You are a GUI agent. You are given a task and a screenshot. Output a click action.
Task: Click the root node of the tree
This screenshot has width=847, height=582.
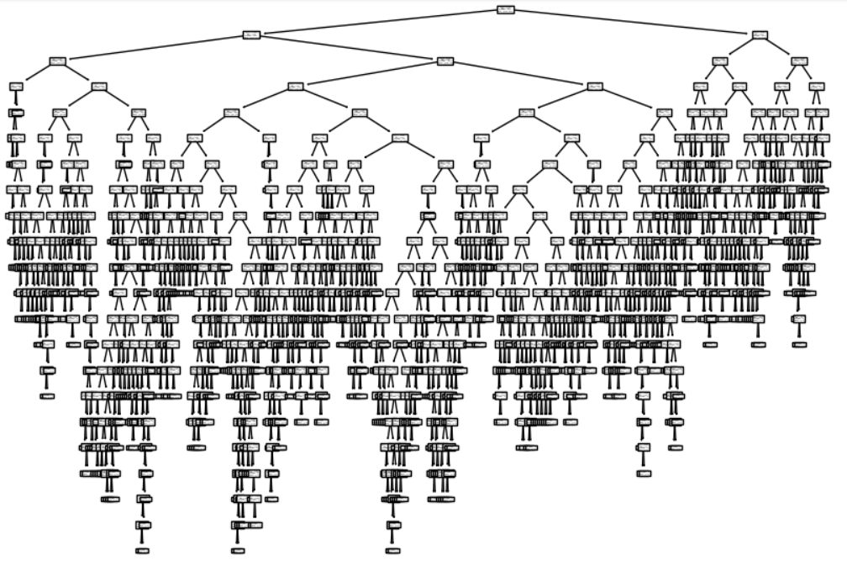(x=505, y=9)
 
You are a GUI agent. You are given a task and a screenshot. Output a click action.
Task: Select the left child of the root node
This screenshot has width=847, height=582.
(x=251, y=34)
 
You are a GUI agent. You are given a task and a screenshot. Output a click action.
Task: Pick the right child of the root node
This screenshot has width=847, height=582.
(x=760, y=34)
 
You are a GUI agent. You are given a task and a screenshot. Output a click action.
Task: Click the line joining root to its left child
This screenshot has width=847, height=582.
(x=378, y=22)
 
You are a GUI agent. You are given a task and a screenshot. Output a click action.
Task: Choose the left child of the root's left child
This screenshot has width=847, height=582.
(x=57, y=61)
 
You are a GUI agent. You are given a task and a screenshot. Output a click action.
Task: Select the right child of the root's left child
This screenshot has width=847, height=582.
(x=445, y=61)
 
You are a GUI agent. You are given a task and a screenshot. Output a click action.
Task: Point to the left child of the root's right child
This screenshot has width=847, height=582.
(x=720, y=61)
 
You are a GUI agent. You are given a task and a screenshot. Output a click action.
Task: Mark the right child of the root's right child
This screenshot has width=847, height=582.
(x=799, y=61)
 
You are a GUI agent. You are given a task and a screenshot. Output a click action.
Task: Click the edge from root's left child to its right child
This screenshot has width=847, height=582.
(x=349, y=48)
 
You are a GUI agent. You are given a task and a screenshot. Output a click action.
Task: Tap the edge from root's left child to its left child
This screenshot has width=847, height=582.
(x=155, y=48)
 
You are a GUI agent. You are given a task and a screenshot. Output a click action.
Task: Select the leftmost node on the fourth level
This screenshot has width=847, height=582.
(x=16, y=86)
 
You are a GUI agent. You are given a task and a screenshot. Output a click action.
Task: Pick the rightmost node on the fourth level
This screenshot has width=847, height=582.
(x=817, y=86)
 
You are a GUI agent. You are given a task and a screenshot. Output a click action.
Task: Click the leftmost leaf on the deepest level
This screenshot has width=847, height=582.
(x=142, y=551)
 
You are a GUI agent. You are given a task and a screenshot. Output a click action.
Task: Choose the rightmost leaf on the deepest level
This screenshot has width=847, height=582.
(x=392, y=551)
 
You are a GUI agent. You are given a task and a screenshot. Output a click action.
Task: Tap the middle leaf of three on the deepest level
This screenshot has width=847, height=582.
(x=238, y=551)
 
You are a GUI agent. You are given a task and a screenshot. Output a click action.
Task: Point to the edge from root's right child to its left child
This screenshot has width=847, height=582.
(x=740, y=48)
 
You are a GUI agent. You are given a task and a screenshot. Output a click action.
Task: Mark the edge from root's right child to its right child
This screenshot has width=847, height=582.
(x=780, y=48)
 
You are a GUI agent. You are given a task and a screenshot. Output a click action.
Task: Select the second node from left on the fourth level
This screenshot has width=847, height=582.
(x=99, y=86)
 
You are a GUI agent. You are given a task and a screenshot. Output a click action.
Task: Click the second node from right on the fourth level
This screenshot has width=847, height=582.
(x=782, y=86)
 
